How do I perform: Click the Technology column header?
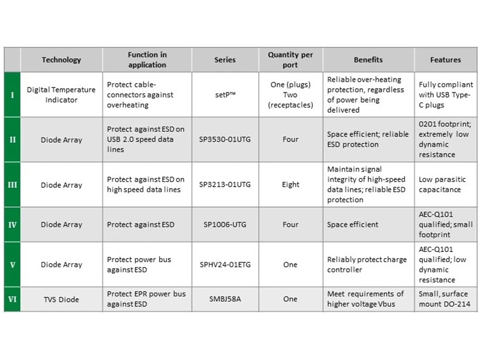pyautogui.click(x=61, y=60)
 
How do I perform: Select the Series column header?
pyautogui.click(x=225, y=60)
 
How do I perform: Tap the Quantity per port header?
pyautogui.click(x=290, y=60)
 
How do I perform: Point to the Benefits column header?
pyautogui.click(x=368, y=60)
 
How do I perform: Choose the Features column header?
pyautogui.click(x=445, y=60)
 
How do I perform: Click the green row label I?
pyautogui.click(x=12, y=95)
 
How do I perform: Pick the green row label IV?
pyautogui.click(x=12, y=225)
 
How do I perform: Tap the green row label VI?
pyautogui.click(x=12, y=299)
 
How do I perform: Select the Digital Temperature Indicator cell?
pyautogui.click(x=61, y=95)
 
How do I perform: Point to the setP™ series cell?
pyautogui.click(x=225, y=95)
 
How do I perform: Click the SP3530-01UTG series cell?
pyautogui.click(x=225, y=140)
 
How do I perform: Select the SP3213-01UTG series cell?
pyautogui.click(x=225, y=184)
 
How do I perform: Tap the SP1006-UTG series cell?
pyautogui.click(x=225, y=225)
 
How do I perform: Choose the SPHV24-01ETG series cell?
pyautogui.click(x=225, y=265)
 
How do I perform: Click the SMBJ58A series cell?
pyautogui.click(x=225, y=299)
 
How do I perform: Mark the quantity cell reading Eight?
pyautogui.click(x=290, y=184)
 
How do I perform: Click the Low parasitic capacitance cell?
pyautogui.click(x=445, y=184)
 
